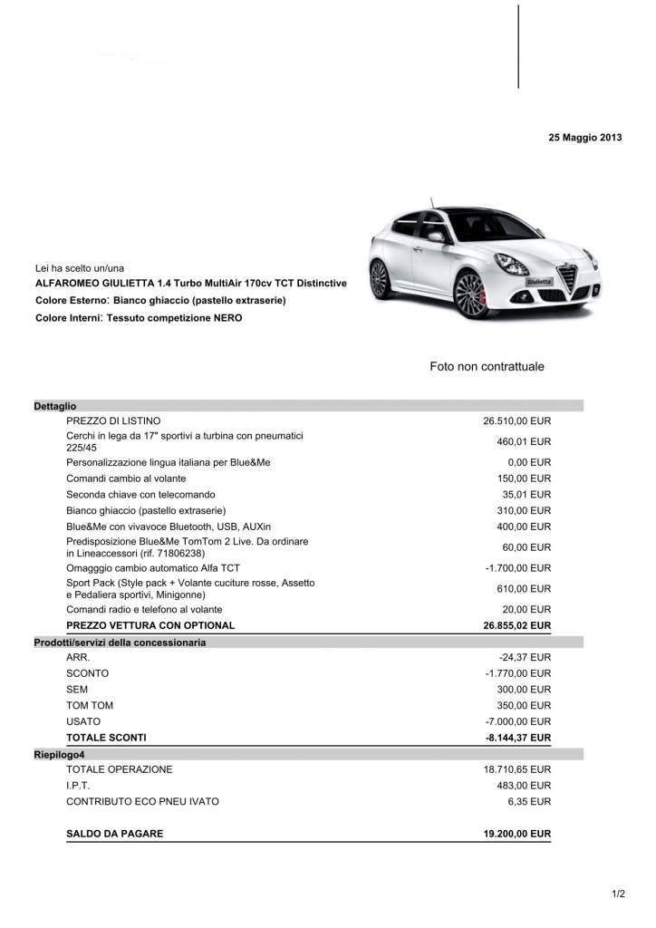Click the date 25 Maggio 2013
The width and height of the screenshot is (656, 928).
pos(584,138)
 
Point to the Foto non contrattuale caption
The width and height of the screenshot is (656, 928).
pos(487,367)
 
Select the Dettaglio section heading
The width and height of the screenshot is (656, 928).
pos(55,406)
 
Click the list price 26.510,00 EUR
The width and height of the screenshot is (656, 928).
pos(516,420)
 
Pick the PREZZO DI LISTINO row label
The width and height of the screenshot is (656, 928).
pos(113,420)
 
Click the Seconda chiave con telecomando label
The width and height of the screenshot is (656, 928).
pos(140,495)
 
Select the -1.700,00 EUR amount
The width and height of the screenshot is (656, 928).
pos(517,568)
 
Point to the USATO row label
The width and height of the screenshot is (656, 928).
pos(83,721)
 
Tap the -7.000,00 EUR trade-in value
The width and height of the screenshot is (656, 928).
pos(517,721)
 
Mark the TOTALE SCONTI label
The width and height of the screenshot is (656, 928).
pos(106,738)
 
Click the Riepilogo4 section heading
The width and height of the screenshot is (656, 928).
pos(59,754)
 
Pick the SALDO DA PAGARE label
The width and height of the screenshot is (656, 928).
pos(115,834)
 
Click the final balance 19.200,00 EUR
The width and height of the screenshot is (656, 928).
pos(516,834)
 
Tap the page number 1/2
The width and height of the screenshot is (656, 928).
pos(618,894)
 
